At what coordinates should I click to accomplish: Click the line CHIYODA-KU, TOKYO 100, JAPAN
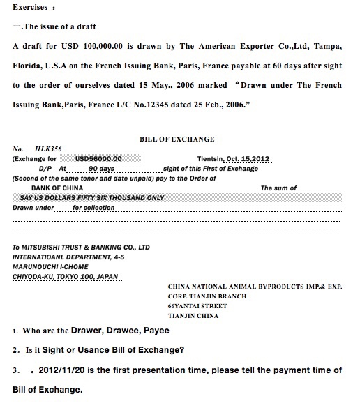[67, 276]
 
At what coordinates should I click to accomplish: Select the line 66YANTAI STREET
[200, 305]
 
